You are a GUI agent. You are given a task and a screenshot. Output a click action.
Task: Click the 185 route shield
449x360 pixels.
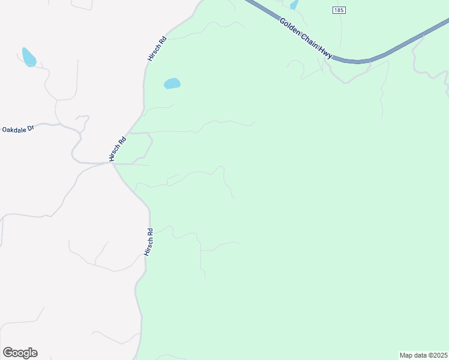pyautogui.click(x=339, y=10)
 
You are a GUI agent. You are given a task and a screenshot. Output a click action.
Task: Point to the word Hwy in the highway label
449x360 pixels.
pyautogui.click(x=326, y=53)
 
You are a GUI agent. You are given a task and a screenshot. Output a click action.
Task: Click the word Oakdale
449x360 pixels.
pyautogui.click(x=13, y=130)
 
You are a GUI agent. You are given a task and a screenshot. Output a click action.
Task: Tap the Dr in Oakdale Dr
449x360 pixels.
pyautogui.click(x=29, y=128)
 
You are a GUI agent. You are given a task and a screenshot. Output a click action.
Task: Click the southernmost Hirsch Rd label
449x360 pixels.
pyautogui.click(x=149, y=242)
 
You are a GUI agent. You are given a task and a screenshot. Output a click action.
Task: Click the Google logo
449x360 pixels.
pyautogui.click(x=20, y=353)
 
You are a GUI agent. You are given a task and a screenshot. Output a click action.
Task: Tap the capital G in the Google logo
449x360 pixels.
pyautogui.click(x=8, y=353)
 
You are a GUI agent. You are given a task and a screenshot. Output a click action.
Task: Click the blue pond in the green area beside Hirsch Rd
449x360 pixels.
pyautogui.click(x=172, y=83)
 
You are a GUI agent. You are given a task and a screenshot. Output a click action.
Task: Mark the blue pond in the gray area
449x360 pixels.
pyautogui.click(x=29, y=57)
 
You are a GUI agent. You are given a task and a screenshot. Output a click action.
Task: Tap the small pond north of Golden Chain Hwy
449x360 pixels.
pyautogui.click(x=294, y=5)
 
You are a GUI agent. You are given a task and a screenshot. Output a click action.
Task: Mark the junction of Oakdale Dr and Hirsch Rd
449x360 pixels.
pyautogui.click(x=112, y=163)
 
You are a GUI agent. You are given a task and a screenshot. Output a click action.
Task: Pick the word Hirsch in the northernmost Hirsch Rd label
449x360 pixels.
pyautogui.click(x=154, y=54)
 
